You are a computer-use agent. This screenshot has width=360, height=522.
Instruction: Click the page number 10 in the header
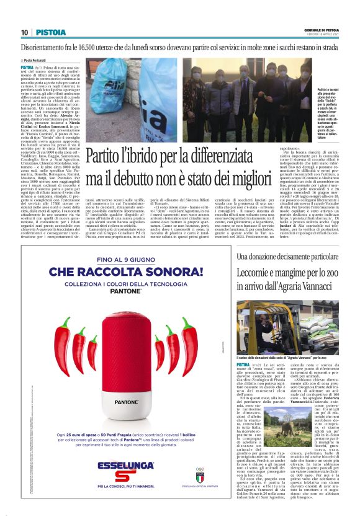tap(24, 32)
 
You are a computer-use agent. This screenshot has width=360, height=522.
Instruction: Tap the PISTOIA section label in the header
tap(50, 32)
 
